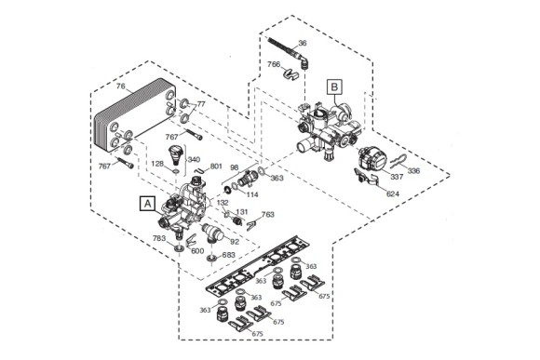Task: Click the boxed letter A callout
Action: (147, 204)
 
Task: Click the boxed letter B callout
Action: (334, 87)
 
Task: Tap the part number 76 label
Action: (120, 86)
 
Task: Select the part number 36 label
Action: (303, 43)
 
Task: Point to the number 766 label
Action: (274, 64)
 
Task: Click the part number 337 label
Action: (397, 177)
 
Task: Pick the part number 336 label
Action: (413, 170)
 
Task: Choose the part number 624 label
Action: (393, 194)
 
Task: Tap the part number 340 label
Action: (194, 160)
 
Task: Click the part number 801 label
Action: (216, 167)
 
